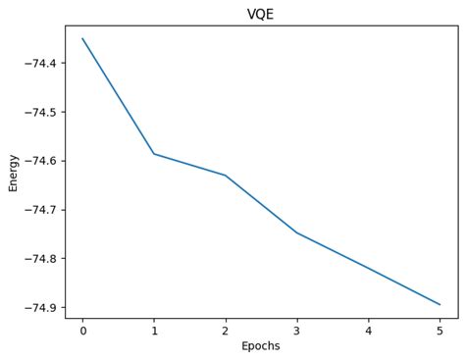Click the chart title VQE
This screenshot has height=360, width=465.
coord(260,14)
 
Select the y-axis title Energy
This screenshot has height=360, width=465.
coord(14,172)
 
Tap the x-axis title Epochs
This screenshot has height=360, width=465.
coord(261,346)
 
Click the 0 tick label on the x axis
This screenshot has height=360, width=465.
coord(82,331)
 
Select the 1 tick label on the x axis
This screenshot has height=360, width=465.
coord(154,331)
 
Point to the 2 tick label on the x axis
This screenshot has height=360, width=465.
coord(226,331)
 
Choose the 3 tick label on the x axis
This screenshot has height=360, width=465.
coord(297,331)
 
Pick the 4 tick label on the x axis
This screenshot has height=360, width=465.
coord(369,331)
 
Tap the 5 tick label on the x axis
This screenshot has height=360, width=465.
coord(439,331)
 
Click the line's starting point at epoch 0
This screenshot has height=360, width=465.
coord(82,39)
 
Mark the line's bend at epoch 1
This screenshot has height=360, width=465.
coord(154,154)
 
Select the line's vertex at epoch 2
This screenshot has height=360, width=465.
coord(226,176)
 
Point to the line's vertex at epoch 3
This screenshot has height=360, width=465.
coord(297,233)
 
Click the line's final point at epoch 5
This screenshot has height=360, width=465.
coord(439,304)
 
